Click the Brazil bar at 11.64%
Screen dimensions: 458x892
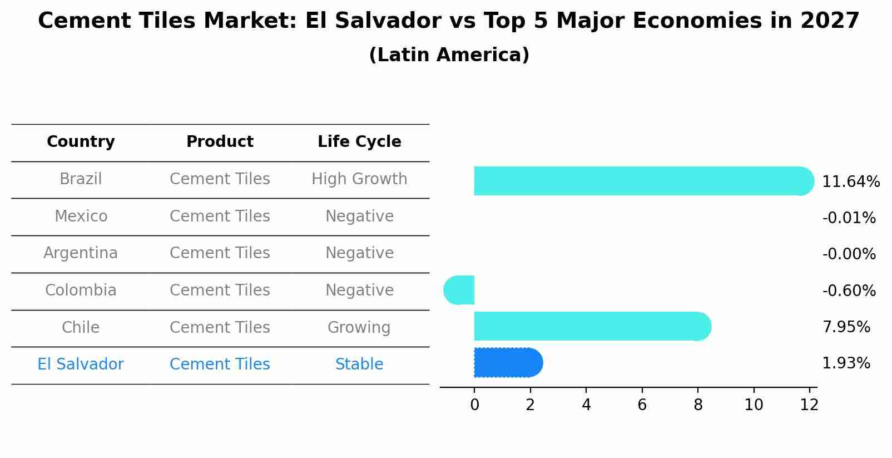click(640, 181)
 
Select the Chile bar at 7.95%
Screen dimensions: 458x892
click(589, 326)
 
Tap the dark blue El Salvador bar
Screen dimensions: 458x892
click(506, 363)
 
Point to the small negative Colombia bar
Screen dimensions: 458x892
click(460, 290)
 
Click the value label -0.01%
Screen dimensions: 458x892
click(849, 218)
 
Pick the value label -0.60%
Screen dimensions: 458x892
click(849, 291)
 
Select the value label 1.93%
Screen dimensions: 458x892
click(846, 363)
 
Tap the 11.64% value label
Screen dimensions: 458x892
click(851, 182)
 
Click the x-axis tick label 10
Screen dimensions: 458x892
click(754, 405)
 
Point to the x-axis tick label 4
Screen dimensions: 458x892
click(586, 405)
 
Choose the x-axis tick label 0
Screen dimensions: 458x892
click(474, 405)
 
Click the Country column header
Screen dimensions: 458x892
click(81, 142)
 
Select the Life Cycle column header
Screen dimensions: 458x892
click(359, 142)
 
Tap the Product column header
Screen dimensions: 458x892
click(220, 142)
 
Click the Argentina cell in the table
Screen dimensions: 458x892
click(81, 253)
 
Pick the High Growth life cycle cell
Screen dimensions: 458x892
click(359, 179)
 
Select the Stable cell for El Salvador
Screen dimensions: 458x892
click(359, 365)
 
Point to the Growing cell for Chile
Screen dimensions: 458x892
click(359, 327)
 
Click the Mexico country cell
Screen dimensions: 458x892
click(81, 216)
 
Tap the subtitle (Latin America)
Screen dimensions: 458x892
click(449, 55)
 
